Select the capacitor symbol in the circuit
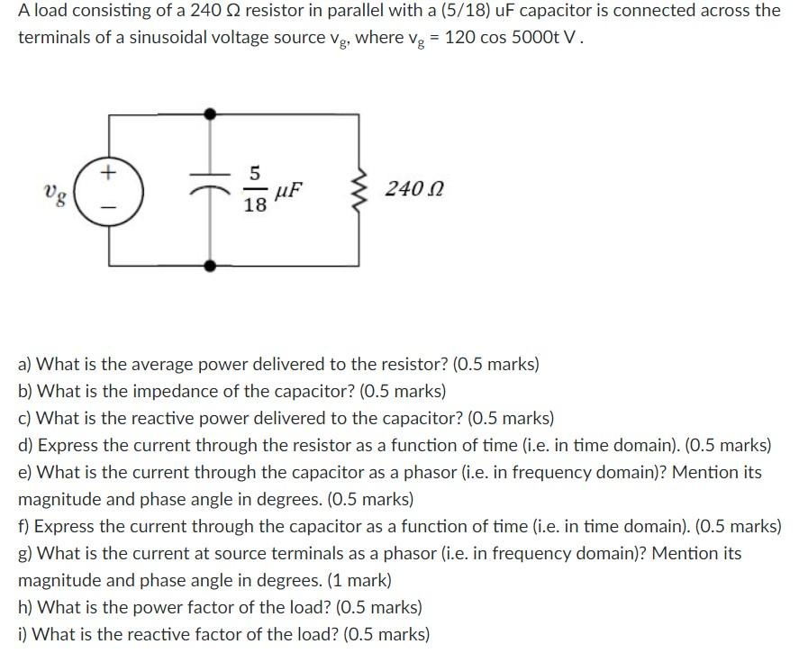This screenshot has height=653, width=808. point(211,190)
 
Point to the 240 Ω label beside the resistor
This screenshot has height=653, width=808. point(413,190)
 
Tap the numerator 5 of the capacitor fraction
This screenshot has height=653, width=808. point(255,172)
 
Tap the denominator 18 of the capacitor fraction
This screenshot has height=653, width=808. point(255,206)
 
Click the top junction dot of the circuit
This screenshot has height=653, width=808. point(211,114)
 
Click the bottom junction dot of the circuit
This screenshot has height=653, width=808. point(211,266)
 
